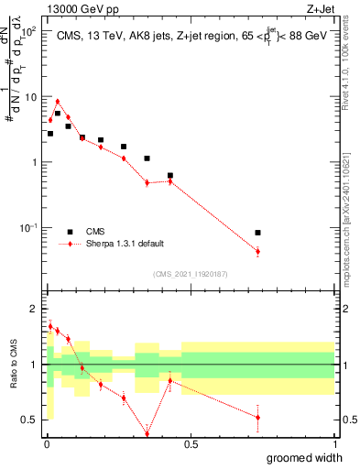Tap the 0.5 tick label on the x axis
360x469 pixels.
(x=191, y=444)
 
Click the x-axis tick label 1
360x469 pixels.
(x=333, y=444)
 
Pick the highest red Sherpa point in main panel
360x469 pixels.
(x=58, y=102)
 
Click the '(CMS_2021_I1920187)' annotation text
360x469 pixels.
(x=191, y=273)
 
